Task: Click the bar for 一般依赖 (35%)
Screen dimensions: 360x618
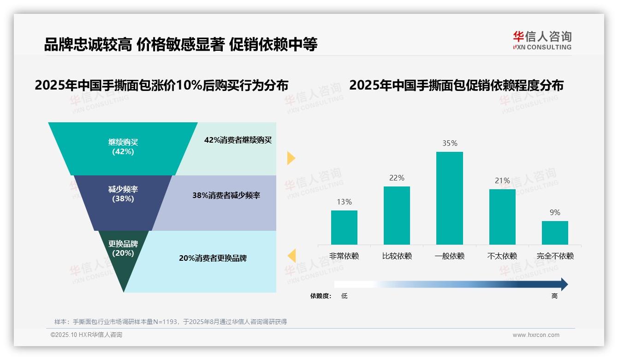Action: (449, 198)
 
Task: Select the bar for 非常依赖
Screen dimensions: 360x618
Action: (344, 227)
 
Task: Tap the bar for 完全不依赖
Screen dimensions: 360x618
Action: (555, 233)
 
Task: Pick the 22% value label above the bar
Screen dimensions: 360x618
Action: (397, 178)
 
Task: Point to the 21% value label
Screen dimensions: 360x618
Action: (502, 180)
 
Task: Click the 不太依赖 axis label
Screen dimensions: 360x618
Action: (502, 256)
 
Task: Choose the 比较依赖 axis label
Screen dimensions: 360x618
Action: (397, 256)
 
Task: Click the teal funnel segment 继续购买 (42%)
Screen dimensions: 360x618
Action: (123, 148)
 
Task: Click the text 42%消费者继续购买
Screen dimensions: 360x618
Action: (238, 140)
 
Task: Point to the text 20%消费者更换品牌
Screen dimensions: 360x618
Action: (213, 258)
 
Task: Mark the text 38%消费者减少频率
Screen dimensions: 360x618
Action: (226, 196)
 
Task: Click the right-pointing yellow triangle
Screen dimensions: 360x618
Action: (291, 158)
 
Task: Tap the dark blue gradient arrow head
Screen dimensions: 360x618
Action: (564, 284)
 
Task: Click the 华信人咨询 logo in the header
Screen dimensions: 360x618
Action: (542, 40)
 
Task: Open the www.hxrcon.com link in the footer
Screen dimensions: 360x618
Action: (535, 335)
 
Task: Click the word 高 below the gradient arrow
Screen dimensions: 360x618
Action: (554, 296)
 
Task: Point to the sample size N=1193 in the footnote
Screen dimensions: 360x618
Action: (165, 322)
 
